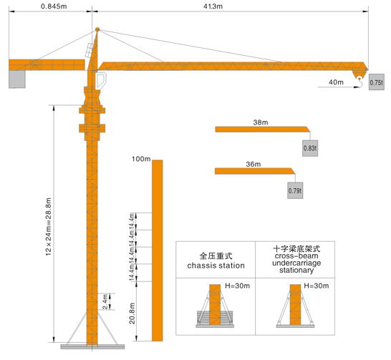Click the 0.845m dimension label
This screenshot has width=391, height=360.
[x=54, y=6]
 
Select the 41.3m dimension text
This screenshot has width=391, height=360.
[x=213, y=6]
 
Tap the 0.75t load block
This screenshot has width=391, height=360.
[x=377, y=82]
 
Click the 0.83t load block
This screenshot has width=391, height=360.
[x=310, y=148]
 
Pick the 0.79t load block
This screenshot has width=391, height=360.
[x=295, y=190]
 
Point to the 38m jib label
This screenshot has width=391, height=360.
[x=261, y=122]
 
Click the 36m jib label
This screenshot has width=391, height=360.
[x=254, y=164]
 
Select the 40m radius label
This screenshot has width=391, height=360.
[x=336, y=82]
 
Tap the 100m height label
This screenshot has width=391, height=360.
[x=141, y=159]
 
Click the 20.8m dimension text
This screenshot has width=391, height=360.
[x=132, y=313]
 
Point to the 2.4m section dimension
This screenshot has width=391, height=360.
[x=105, y=301]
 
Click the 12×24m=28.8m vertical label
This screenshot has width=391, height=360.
[x=49, y=226]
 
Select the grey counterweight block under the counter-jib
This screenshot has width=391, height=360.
[x=17, y=79]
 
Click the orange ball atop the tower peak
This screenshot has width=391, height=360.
[x=97, y=29]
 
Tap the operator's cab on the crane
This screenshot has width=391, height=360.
[x=101, y=80]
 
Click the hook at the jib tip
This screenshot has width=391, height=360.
[x=359, y=83]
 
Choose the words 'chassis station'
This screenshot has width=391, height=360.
[x=216, y=266]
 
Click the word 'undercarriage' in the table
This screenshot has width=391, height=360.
[x=296, y=263]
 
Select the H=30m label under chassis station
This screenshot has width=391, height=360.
[x=238, y=286]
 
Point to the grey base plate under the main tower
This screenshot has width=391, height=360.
[x=92, y=346]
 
